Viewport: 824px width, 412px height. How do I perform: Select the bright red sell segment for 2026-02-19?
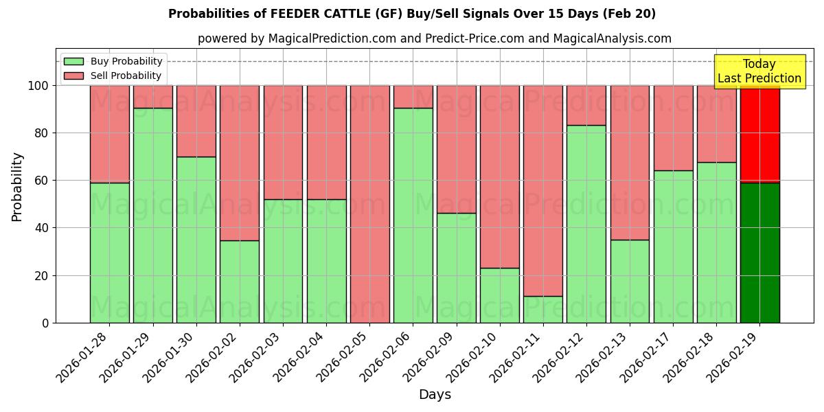759,134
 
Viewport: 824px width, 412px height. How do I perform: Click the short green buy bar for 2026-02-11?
542,309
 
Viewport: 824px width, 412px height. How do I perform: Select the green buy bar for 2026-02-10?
499,295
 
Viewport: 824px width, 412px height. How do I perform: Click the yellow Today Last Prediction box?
759,71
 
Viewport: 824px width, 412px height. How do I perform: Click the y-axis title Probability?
17,187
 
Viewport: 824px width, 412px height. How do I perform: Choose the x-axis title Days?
435,395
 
